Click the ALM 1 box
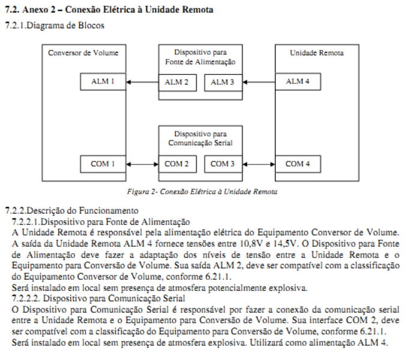pyautogui.click(x=103, y=82)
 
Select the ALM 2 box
pyautogui.click(x=178, y=83)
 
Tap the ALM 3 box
pyautogui.click(x=223, y=83)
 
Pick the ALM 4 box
pyautogui.click(x=298, y=82)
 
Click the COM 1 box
pyautogui.click(x=103, y=164)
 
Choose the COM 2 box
pyautogui.click(x=178, y=164)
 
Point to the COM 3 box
pyautogui.click(x=223, y=164)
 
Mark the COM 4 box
pyautogui.click(x=298, y=164)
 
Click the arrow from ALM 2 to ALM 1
pyautogui.click(x=142, y=82)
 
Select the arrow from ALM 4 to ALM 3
pyautogui.click(x=259, y=82)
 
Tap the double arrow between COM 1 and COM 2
pyautogui.click(x=142, y=164)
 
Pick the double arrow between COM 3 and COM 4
pyautogui.click(x=259, y=164)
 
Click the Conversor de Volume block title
pyautogui.click(x=83, y=53)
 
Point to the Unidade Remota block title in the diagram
pyautogui.click(x=316, y=53)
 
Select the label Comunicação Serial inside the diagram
pyautogui.click(x=200, y=143)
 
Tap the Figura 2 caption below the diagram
pyautogui.click(x=202, y=191)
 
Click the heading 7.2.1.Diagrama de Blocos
pyautogui.click(x=55, y=25)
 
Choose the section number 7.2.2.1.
pyautogui.click(x=26, y=221)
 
